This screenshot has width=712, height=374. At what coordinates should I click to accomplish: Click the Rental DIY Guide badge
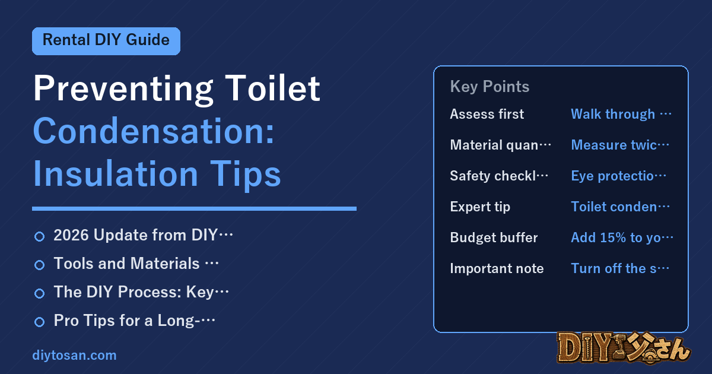coord(106,41)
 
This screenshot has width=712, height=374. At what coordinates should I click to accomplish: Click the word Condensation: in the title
coord(154,131)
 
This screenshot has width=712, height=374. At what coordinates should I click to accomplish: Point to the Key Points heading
coord(490,87)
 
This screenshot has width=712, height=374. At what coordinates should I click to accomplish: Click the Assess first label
coord(487,114)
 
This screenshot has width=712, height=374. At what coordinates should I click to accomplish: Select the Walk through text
coord(613,114)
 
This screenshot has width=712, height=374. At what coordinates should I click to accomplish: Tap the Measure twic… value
coord(620,145)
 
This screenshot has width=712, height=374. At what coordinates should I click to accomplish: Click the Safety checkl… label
coord(499,176)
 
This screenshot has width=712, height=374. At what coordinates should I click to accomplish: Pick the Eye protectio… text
coord(618,176)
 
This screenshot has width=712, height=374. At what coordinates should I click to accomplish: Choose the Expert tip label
coord(480,207)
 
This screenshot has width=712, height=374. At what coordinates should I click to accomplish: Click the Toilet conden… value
coord(620,207)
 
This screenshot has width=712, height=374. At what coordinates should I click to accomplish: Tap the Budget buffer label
coord(494,237)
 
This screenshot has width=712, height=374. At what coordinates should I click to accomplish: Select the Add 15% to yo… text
coord(622,237)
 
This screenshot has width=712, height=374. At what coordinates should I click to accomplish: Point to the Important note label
coord(497,268)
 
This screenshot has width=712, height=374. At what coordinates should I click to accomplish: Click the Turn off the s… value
coord(620,268)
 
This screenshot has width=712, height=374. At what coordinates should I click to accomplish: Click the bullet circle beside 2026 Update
coord(39,237)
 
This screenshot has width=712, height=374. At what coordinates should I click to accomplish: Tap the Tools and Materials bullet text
coord(136,264)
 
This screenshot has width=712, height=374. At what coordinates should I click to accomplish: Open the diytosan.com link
coord(74,355)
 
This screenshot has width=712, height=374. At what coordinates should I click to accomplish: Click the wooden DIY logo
coord(624,347)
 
